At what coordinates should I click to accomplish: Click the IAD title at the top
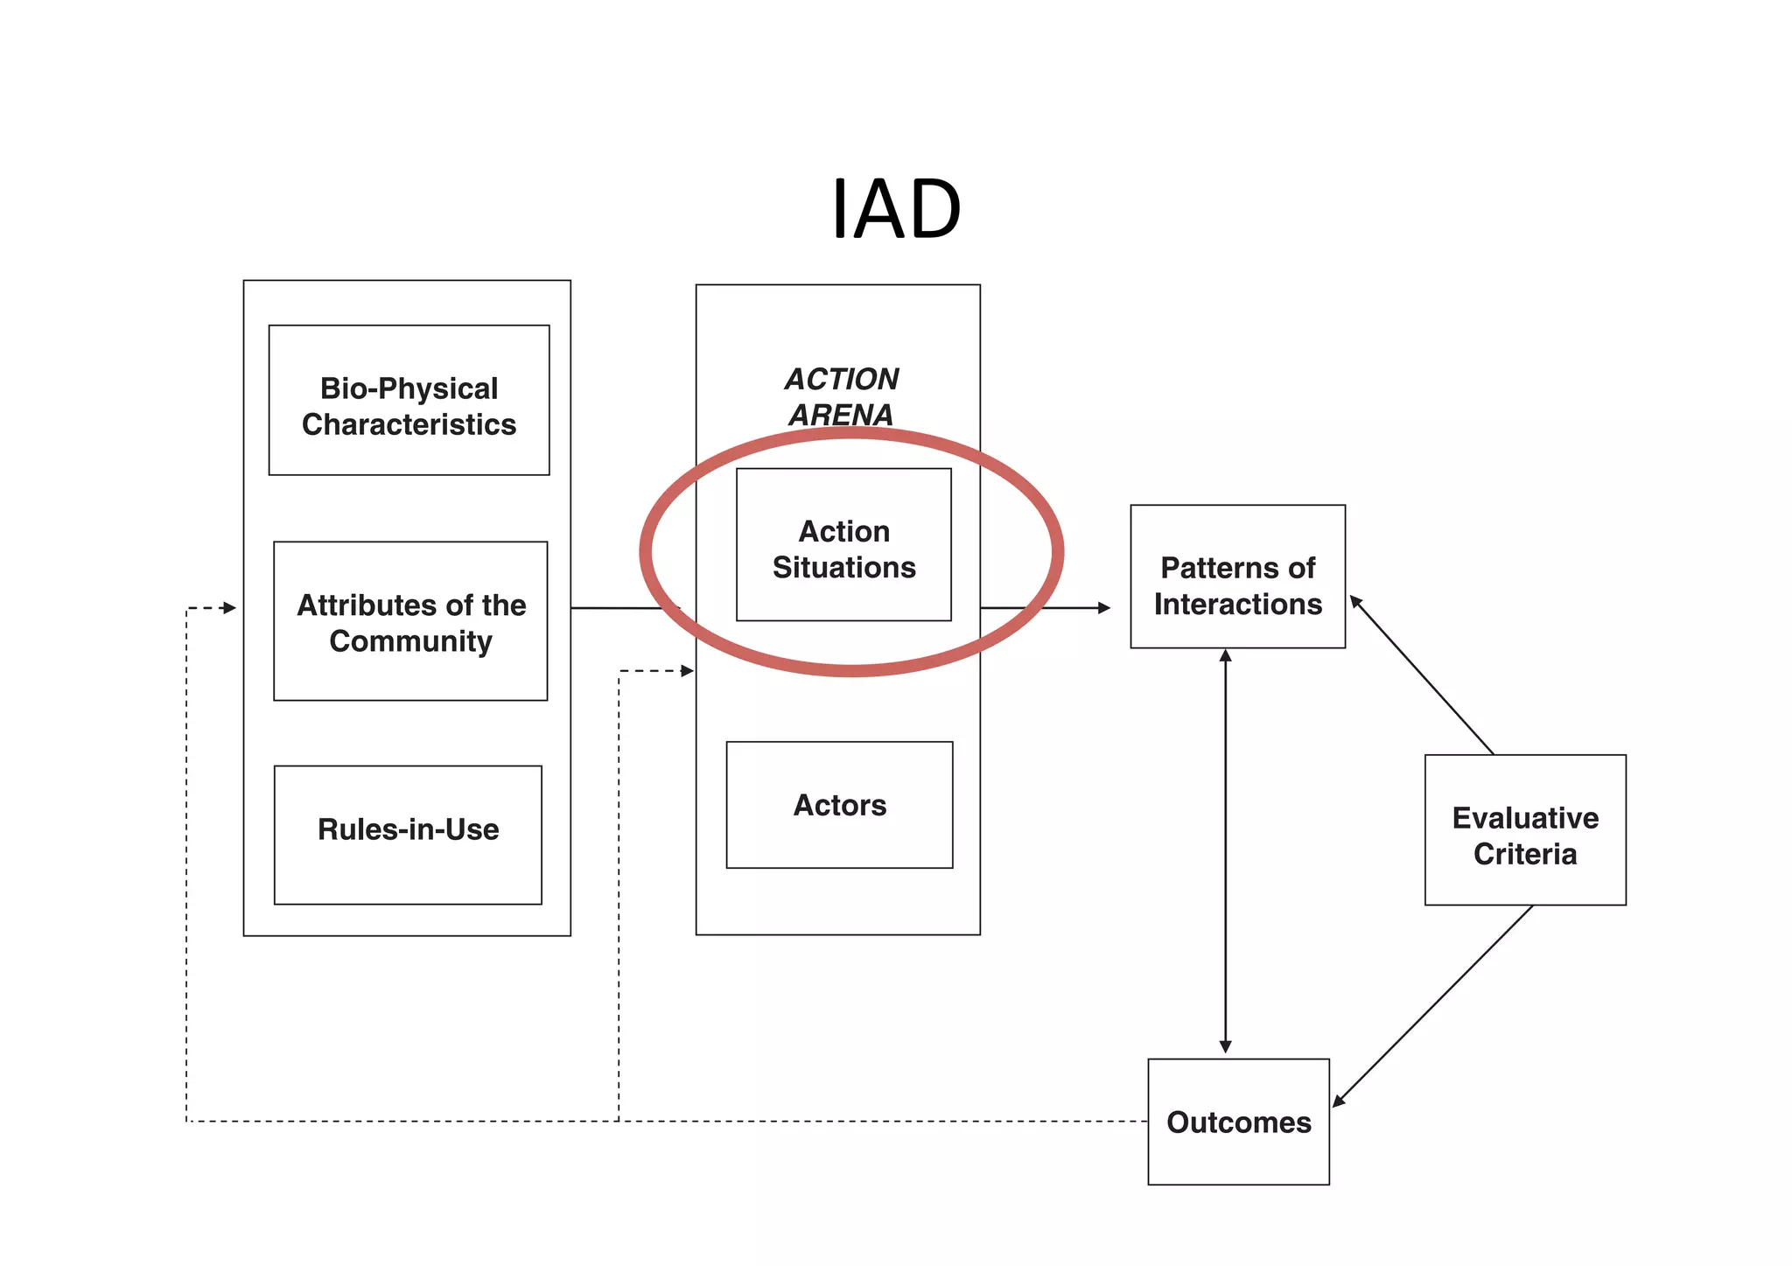pyautogui.click(x=895, y=209)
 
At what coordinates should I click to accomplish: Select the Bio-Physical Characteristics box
pyautogui.click(x=409, y=401)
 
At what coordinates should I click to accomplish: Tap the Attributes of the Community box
pyautogui.click(x=410, y=621)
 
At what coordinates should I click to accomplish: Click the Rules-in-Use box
pyautogui.click(x=408, y=834)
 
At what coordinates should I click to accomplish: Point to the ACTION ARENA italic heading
pyautogui.click(x=841, y=396)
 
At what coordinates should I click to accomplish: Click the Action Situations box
pyautogui.click(x=843, y=545)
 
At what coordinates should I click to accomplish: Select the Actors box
pyautogui.click(x=839, y=805)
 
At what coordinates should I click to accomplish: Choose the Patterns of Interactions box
pyautogui.click(x=1237, y=577)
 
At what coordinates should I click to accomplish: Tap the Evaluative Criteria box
pyautogui.click(x=1525, y=829)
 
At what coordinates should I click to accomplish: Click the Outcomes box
pyautogui.click(x=1238, y=1122)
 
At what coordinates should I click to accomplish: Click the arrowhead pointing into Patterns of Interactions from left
pyautogui.click(x=1104, y=607)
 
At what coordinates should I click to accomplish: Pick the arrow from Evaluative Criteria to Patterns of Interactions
pyautogui.click(x=1422, y=675)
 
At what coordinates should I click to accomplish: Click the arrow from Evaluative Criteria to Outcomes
pyautogui.click(x=1432, y=1006)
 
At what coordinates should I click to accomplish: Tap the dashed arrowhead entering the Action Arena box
pyautogui.click(x=687, y=671)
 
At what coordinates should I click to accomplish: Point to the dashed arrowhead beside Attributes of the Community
pyautogui.click(x=229, y=607)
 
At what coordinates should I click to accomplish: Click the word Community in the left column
pyautogui.click(x=410, y=641)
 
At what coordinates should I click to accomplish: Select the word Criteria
pyautogui.click(x=1525, y=854)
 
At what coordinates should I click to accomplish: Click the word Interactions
pyautogui.click(x=1237, y=605)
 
